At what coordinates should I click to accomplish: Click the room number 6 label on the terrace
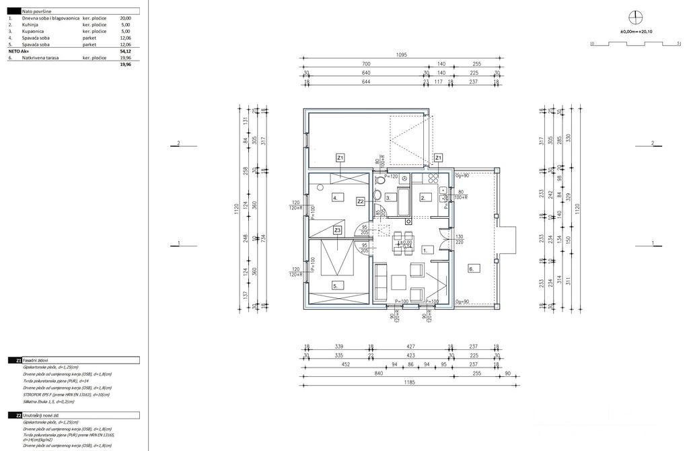click(471, 269)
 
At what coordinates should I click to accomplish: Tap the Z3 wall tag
click(338, 230)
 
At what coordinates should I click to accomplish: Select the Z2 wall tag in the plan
click(361, 201)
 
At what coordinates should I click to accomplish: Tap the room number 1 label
click(425, 250)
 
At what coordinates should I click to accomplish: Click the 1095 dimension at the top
click(402, 56)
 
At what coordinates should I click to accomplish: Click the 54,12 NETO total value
click(125, 51)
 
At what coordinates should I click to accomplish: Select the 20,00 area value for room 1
click(125, 18)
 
